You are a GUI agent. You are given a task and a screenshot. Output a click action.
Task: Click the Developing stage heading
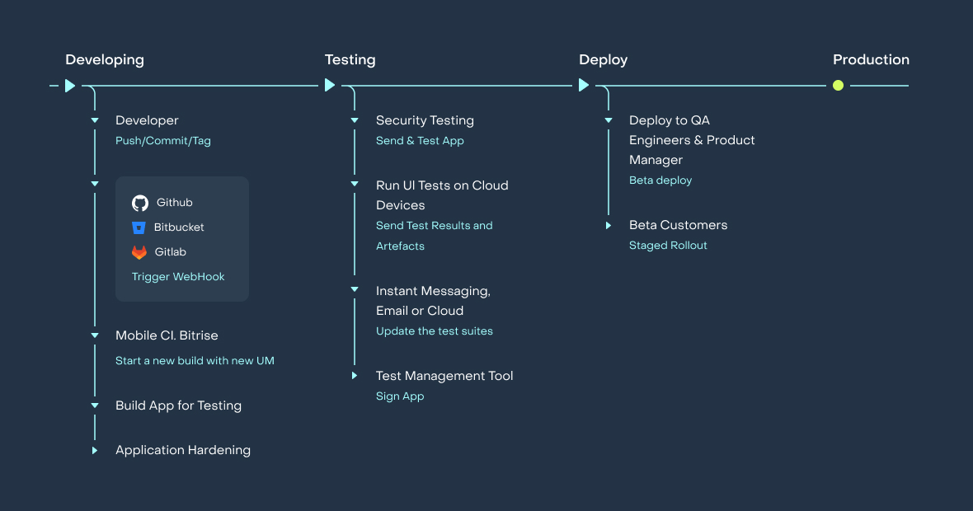[x=105, y=59]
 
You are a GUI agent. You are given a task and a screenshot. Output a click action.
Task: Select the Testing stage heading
[x=350, y=59]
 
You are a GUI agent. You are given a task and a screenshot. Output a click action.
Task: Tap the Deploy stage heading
[x=603, y=59]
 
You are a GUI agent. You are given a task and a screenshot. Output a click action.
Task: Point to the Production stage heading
[x=871, y=59]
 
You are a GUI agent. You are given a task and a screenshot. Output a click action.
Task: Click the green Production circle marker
[x=838, y=85]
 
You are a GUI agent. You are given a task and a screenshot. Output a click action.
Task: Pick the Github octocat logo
[x=140, y=203]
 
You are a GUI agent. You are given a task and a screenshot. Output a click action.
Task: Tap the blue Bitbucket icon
[x=139, y=227]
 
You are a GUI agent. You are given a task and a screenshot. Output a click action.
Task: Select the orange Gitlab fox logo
[x=139, y=252]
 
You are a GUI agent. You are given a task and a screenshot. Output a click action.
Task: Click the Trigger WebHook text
[x=178, y=277]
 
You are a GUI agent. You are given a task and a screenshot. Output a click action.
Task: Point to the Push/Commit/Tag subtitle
[x=163, y=141]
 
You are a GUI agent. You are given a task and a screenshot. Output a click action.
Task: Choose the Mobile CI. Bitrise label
[x=167, y=335]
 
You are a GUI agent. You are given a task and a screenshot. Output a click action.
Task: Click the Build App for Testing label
[x=178, y=406]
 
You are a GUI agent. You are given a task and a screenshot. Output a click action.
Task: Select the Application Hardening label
[x=183, y=450]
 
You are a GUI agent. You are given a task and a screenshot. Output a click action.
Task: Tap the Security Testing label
[x=425, y=120]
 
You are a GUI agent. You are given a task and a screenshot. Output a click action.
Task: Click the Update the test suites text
[x=435, y=331]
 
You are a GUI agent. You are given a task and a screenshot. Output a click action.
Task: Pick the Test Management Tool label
[x=444, y=376]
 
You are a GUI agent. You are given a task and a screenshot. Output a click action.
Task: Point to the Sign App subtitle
[x=400, y=396]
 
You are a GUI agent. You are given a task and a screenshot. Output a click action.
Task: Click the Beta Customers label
[x=678, y=225]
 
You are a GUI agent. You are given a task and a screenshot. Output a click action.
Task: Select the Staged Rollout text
[x=668, y=246]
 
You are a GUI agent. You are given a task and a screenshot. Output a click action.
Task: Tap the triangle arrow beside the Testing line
[x=330, y=85]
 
